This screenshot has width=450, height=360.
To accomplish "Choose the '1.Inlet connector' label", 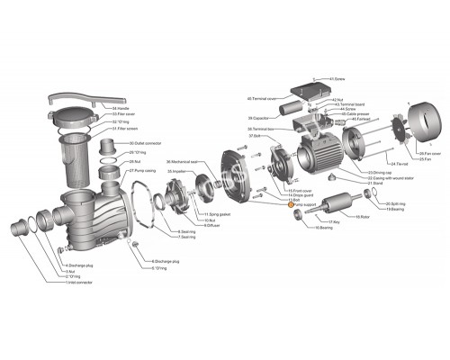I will click(x=80, y=283).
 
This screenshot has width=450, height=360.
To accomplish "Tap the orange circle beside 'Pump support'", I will click(x=290, y=205).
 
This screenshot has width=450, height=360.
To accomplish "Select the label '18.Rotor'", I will click(x=364, y=217).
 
